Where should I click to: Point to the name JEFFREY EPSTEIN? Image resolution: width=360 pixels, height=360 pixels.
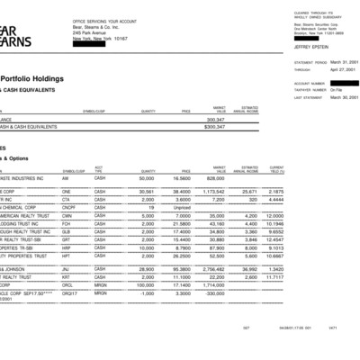coord(311,46)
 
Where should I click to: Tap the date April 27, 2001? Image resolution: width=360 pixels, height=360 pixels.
coord(344,68)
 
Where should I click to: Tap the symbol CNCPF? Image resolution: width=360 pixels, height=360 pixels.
coord(68,207)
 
